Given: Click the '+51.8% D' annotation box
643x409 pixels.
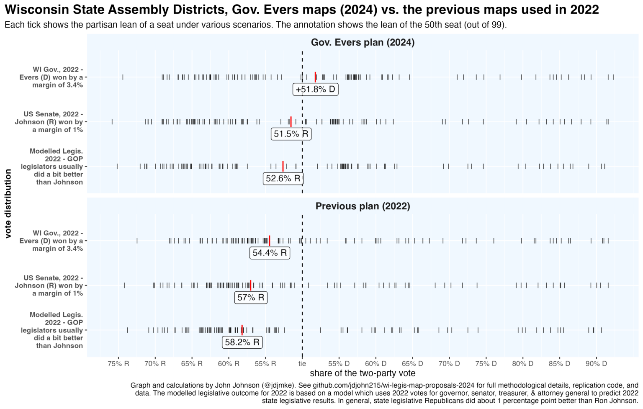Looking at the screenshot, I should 316,90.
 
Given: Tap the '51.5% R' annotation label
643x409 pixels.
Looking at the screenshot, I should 291,134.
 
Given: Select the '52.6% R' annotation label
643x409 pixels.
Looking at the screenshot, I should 283,179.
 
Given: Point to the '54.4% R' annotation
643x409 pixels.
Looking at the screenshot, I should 270,253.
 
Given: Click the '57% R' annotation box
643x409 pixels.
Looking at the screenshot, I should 251,298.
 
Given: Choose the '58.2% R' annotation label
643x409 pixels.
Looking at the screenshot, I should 242,342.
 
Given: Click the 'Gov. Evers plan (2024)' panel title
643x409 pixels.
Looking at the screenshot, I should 363,43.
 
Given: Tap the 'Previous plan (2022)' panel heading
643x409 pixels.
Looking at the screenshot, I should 363,206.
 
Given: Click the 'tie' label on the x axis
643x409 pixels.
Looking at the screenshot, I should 302,364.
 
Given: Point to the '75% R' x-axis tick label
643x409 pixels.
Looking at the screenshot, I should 118,364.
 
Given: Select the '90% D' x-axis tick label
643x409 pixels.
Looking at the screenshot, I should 596,364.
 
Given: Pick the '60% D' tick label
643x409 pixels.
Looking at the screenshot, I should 376,364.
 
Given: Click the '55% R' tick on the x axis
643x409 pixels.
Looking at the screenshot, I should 265,364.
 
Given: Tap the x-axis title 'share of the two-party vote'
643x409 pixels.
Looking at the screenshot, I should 363,373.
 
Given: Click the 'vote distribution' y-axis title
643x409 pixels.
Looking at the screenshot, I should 8,203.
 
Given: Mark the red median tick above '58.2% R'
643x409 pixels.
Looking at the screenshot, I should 242,330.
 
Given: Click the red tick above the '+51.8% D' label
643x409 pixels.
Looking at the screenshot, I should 315,77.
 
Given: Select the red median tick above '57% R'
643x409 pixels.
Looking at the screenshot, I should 250,285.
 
